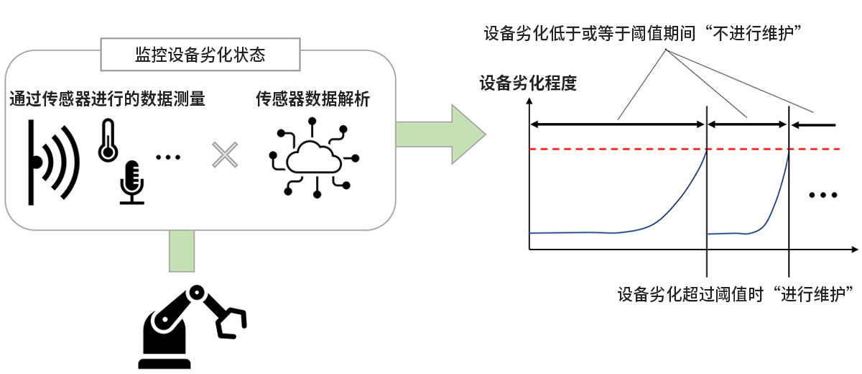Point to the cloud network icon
click(x=312, y=157)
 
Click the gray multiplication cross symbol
click(x=224, y=155)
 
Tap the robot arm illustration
click(x=187, y=327)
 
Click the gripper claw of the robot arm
click(x=231, y=321)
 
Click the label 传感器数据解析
click(x=312, y=100)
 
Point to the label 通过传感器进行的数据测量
click(x=107, y=100)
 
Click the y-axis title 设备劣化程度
click(x=528, y=83)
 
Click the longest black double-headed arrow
click(x=617, y=124)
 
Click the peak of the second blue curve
click(x=788, y=152)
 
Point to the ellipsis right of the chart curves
click(x=822, y=195)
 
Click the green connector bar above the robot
click(x=182, y=251)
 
